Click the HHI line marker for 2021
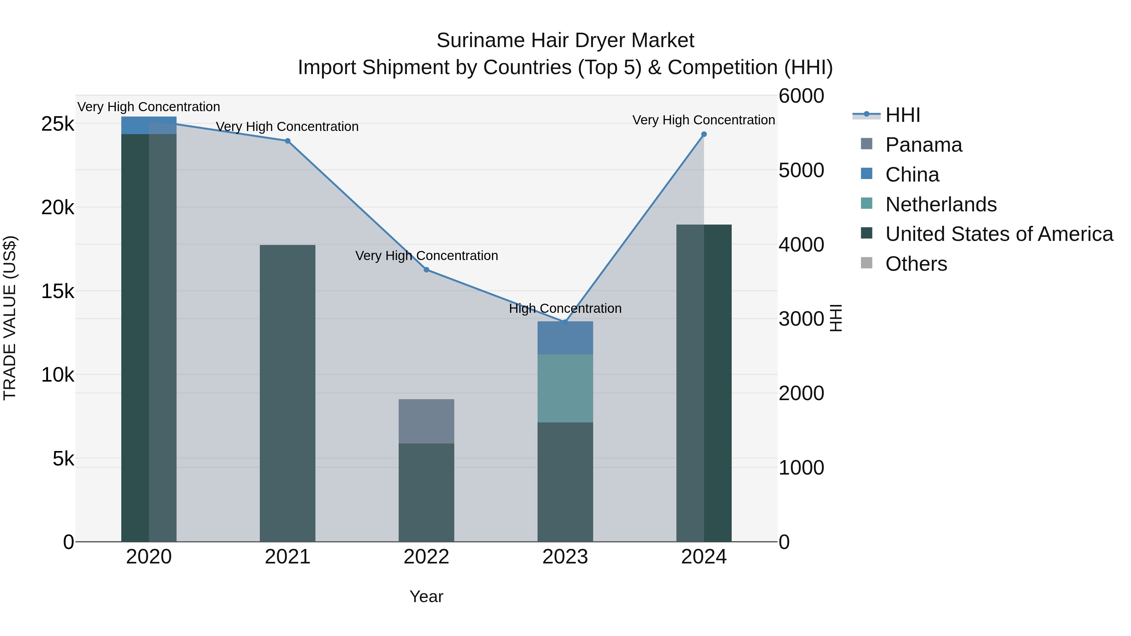coord(287,141)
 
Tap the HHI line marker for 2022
coord(426,269)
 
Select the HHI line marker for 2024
coord(704,134)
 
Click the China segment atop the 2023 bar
coord(565,338)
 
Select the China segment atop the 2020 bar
coord(149,125)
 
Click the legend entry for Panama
coord(923,145)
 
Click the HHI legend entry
coord(902,115)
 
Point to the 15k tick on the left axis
coord(57,291)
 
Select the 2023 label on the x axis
coord(565,557)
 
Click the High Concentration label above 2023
coord(565,308)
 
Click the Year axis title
coord(426,596)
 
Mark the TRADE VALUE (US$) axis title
coord(10,318)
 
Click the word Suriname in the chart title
coord(480,41)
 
